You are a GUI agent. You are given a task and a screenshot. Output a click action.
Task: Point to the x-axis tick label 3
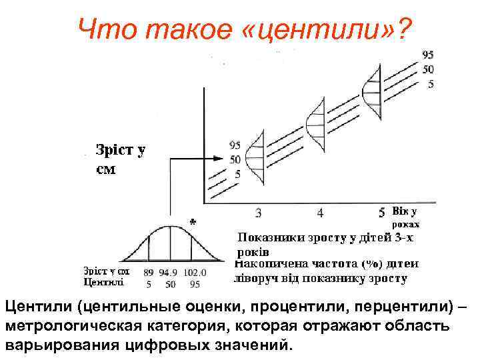tap(258, 213)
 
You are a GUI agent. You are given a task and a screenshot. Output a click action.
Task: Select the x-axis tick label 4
tap(320, 213)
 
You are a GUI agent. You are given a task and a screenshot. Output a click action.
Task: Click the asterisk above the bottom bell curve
tap(193, 221)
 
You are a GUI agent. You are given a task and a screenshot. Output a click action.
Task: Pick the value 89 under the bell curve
tap(149, 272)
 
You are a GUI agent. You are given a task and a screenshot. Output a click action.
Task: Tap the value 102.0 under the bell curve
tap(195, 272)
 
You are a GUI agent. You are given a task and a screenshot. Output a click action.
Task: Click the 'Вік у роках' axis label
tap(405, 217)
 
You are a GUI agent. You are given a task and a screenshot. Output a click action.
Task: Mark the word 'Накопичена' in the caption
tap(267, 264)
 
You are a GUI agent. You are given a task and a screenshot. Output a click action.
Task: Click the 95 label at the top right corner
tap(429, 55)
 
